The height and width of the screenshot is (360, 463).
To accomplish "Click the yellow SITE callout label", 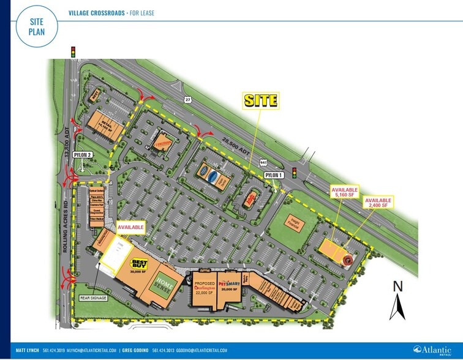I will [261, 100].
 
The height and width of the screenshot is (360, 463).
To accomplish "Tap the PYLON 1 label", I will [274, 175].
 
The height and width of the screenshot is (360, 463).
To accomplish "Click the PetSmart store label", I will [231, 283].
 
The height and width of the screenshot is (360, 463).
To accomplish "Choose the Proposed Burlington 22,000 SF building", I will [206, 288].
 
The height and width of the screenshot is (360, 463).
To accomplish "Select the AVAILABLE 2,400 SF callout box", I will [378, 203].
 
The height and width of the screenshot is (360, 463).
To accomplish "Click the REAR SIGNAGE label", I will [92, 298].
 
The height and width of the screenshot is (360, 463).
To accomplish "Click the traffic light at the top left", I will [73, 52].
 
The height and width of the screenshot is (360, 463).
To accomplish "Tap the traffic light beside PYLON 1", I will [294, 173].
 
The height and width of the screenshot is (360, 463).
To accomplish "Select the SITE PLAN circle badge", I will [36, 25].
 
